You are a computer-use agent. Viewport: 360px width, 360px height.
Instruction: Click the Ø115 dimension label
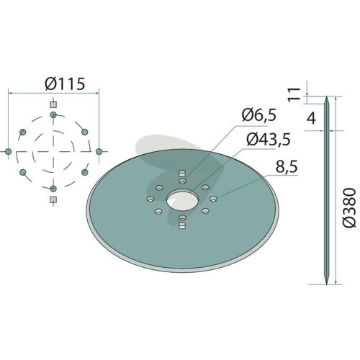65,84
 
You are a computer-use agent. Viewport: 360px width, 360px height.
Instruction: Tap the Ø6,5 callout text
259,115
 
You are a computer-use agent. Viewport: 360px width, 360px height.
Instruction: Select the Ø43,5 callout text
269,139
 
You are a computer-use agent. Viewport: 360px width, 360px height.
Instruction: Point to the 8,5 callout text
287,167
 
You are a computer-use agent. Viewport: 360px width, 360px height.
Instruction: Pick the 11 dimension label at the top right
294,95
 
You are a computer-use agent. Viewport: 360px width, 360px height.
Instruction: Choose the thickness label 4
311,118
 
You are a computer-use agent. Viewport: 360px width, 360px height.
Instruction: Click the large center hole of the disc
183,200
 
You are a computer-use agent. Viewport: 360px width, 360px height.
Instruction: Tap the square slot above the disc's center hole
182,173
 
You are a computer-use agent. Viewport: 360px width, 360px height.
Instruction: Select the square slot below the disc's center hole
183,225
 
